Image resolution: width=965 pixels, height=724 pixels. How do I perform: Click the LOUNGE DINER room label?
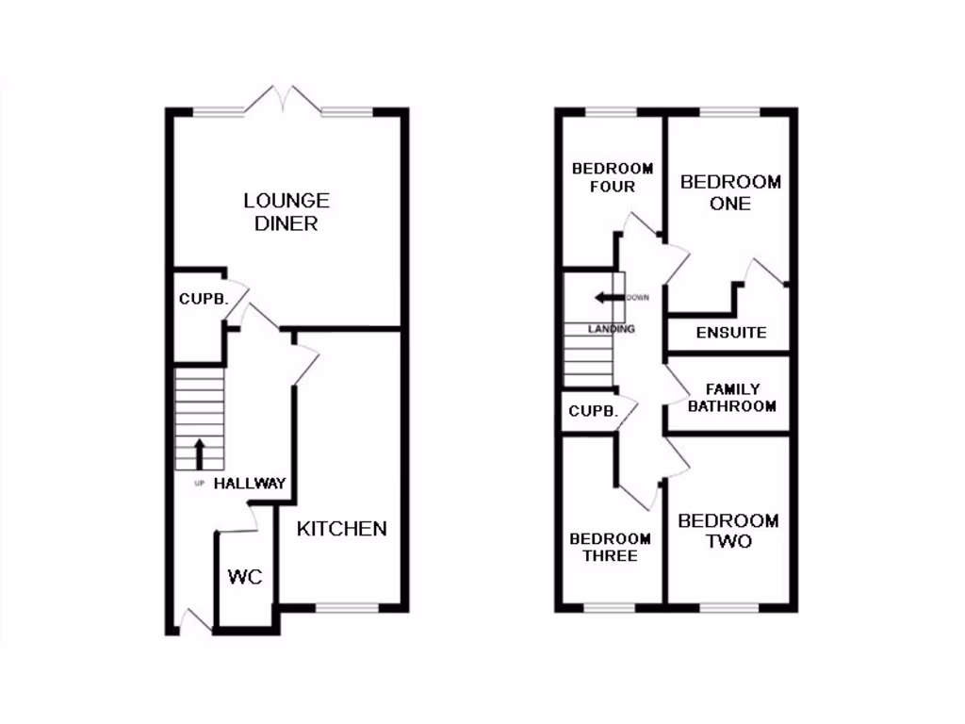286,212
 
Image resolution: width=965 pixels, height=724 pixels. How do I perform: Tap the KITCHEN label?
342,529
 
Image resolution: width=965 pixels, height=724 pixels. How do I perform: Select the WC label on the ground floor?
245,577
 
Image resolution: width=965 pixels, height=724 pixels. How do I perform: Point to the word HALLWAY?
250,484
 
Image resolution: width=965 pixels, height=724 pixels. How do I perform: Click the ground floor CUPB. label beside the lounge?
204,300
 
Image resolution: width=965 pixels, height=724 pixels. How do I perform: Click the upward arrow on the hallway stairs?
199,452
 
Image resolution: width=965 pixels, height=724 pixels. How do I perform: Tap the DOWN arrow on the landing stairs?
609,299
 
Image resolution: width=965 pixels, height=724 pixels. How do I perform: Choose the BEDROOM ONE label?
730,192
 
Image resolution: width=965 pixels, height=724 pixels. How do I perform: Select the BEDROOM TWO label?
728,531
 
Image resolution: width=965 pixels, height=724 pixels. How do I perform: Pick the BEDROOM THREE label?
610,548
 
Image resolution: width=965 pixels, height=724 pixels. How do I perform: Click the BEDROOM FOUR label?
613,177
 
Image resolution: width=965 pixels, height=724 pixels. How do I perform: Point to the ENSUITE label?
731,333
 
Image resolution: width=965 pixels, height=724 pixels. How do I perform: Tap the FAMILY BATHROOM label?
731,398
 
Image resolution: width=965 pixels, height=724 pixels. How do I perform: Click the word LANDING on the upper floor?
612,329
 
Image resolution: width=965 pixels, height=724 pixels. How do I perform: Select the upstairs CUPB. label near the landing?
594,412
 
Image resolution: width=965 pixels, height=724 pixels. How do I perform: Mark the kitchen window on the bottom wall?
346,608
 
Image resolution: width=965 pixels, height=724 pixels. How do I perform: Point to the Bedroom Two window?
728,608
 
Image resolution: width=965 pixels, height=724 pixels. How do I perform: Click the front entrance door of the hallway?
195,623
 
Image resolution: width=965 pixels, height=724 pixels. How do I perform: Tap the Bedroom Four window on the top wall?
610,112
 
